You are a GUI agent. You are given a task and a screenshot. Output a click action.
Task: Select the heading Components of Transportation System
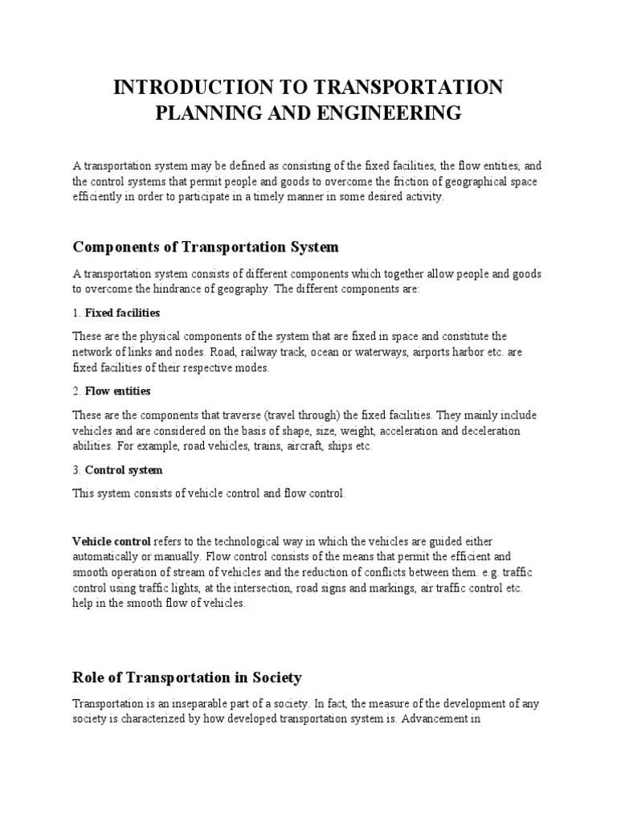pos(206,246)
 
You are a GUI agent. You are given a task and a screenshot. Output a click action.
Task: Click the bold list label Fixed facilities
pos(122,312)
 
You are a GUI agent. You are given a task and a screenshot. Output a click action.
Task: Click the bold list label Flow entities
pos(117,391)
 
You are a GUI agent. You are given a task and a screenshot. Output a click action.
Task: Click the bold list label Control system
pos(124,469)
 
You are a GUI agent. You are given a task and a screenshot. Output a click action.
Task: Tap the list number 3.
pos(76,469)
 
